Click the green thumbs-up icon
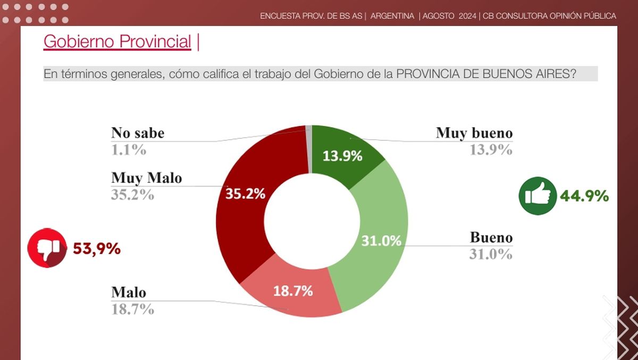point(537,196)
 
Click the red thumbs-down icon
point(47,248)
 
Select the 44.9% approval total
point(584,196)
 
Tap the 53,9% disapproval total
point(96,248)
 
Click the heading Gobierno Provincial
point(117,41)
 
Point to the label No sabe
point(138,132)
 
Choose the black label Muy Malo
point(146,178)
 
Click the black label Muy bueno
point(474,132)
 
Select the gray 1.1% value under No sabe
point(128,150)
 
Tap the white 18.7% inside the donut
point(293,291)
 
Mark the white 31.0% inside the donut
point(381,241)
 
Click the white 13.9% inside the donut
point(343,156)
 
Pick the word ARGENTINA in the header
point(392,16)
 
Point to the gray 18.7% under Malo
point(132,309)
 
